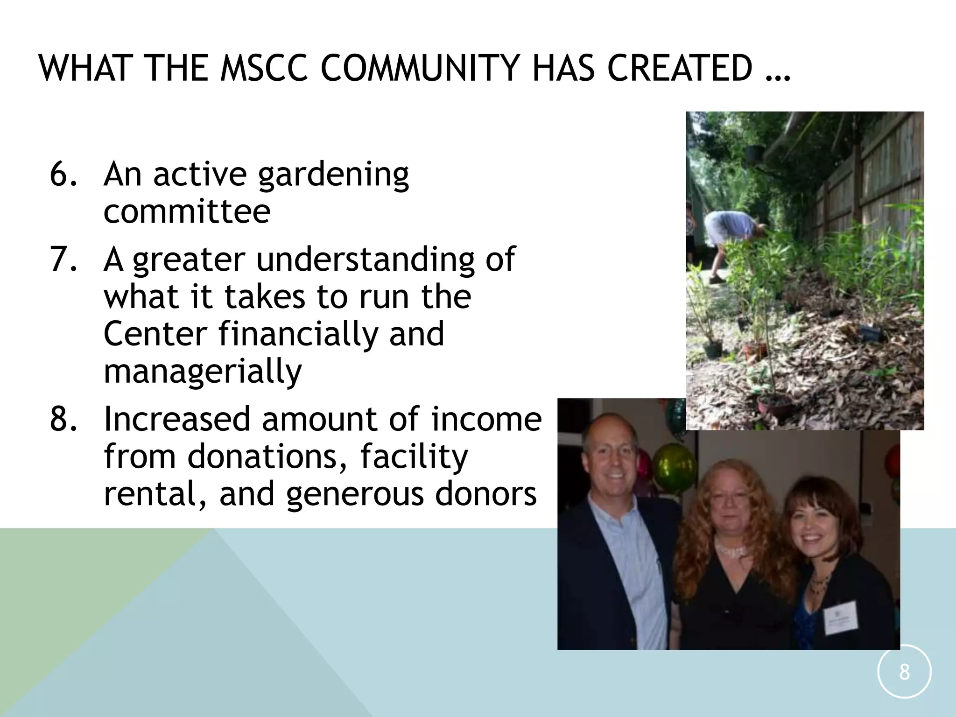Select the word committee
click(x=187, y=211)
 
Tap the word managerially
click(x=203, y=372)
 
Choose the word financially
click(x=298, y=334)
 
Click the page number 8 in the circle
click(x=904, y=673)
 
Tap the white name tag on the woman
click(x=840, y=618)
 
